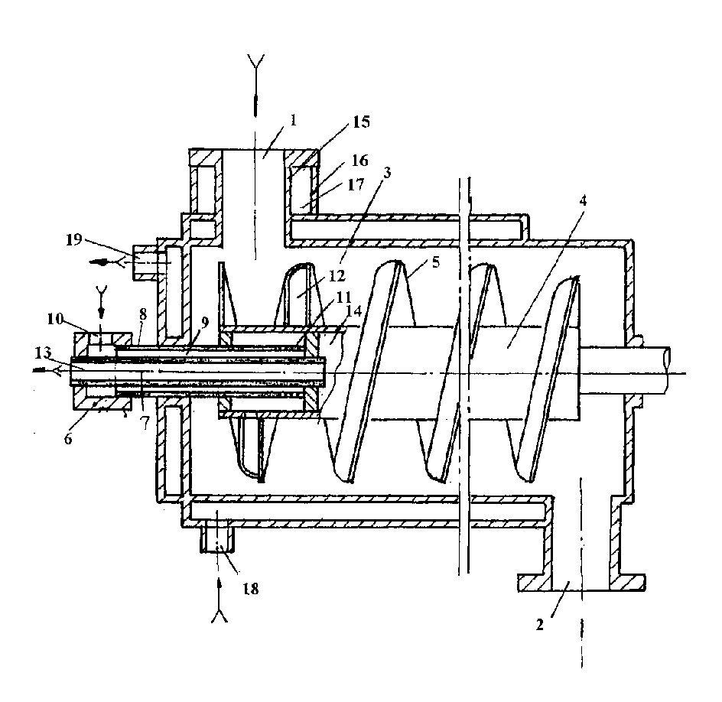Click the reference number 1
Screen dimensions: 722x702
(293, 121)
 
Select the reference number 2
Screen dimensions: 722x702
(540, 625)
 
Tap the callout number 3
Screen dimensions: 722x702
(387, 173)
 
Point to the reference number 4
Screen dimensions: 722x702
(583, 200)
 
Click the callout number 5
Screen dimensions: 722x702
(436, 262)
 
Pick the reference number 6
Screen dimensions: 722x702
(68, 439)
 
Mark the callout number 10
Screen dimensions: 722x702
(55, 319)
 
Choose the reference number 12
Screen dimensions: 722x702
(337, 276)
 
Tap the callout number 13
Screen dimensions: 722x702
(43, 354)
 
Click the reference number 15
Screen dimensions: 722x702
(362, 122)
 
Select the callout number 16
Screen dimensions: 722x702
(360, 160)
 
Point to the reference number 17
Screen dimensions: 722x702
(356, 184)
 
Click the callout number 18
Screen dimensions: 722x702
(251, 589)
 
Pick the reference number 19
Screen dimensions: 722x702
(73, 239)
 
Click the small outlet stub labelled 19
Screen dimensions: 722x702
(146, 262)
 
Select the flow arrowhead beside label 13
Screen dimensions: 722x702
(41, 369)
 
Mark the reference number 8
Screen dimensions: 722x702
(143, 314)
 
